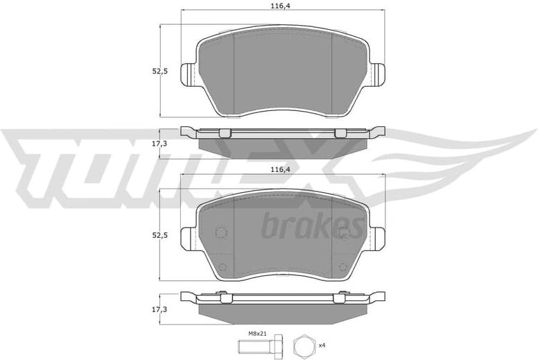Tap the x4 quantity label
(322, 345)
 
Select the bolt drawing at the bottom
(263, 345)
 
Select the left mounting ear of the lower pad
(189, 239)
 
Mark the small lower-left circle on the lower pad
(222, 268)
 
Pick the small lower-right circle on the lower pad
(342, 268)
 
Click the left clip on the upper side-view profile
(223, 133)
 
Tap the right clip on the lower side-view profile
(338, 298)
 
